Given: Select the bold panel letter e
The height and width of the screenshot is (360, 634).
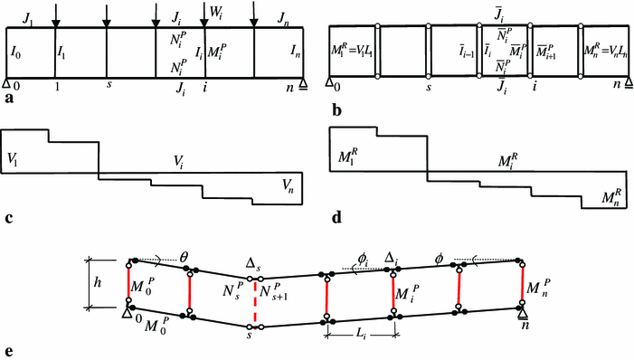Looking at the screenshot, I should point(7,352).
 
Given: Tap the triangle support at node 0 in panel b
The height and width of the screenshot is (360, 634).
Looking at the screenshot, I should point(328,86).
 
